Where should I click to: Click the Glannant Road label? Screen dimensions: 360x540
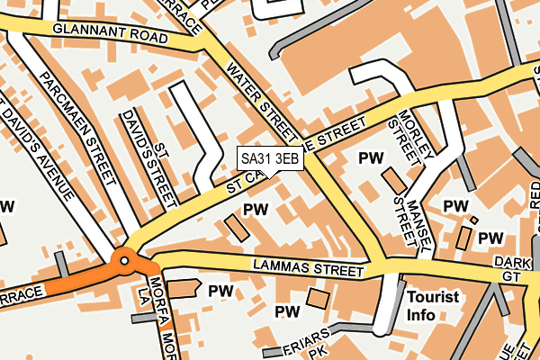pyautogui.click(x=110, y=34)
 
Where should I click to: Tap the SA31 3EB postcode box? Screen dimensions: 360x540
pyautogui.click(x=269, y=158)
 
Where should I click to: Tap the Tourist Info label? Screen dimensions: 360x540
pyautogui.click(x=433, y=305)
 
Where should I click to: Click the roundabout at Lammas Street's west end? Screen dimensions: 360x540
pyautogui.click(x=123, y=261)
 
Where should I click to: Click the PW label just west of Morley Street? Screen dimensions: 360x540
pyautogui.click(x=371, y=158)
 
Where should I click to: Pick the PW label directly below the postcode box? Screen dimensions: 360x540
pyautogui.click(x=256, y=209)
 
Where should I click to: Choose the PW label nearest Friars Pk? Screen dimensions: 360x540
pyautogui.click(x=287, y=311)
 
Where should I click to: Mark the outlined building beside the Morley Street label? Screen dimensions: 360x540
pyautogui.click(x=394, y=179)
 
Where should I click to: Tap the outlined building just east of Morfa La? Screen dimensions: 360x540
pyautogui.click(x=184, y=288)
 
